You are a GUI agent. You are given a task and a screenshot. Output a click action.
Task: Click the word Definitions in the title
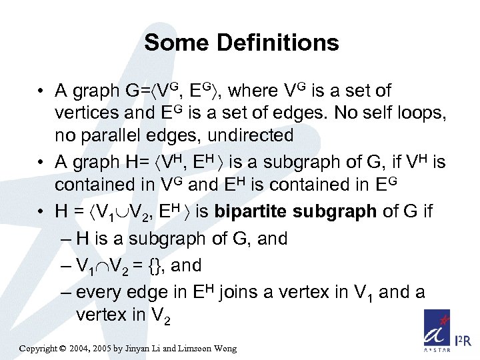(x=279, y=43)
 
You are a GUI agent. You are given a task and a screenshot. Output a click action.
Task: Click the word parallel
(x=127, y=135)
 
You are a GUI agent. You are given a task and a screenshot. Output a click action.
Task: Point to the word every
(x=98, y=293)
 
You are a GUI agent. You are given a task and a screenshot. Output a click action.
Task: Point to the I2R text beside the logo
(x=463, y=341)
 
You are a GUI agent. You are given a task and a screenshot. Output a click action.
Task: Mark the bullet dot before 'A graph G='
(x=41, y=91)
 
